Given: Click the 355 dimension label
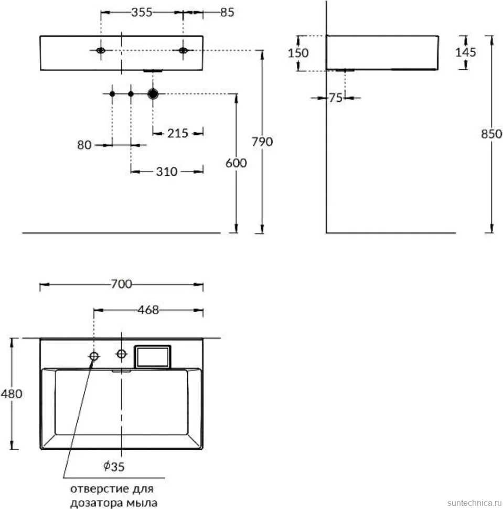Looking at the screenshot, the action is point(142,13).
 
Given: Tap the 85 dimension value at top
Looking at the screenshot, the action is point(227,13).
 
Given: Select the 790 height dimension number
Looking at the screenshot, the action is point(262,142).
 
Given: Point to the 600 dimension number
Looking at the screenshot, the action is point(236,163).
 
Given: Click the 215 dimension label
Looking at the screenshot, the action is point(177,133).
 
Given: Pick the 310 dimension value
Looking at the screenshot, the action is point(166,172).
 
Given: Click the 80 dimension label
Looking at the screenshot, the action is point(84,145).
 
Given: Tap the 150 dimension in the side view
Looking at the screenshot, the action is point(298,53).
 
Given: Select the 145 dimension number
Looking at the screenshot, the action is point(465,52).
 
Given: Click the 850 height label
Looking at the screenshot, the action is point(491,134).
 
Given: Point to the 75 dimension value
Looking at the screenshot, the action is point(336,98).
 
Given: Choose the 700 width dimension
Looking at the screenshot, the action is point(121,284).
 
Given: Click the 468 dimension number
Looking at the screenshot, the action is point(148,310).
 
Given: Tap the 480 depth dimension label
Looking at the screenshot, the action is point(12,394).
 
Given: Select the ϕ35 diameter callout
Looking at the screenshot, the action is point(114,467).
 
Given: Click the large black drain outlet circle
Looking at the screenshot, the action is point(153,94).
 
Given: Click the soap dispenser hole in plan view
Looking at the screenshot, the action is point(94,356).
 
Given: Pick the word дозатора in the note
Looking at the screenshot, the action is point(96,503).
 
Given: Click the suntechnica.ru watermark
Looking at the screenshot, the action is point(475,503).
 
